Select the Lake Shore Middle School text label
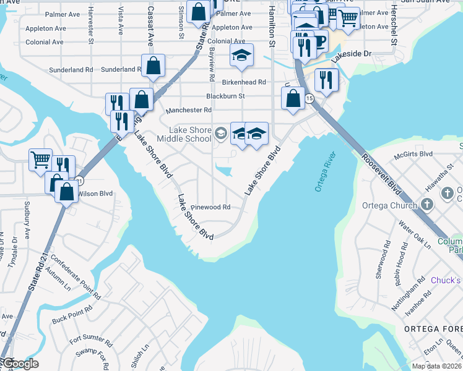point(191,134)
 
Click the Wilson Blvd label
point(95,194)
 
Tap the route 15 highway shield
point(308,98)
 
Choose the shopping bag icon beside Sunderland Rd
point(153,66)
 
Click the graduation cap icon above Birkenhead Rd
point(242,56)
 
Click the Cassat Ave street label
point(150,28)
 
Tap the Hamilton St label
point(271,28)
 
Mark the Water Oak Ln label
point(414,234)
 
